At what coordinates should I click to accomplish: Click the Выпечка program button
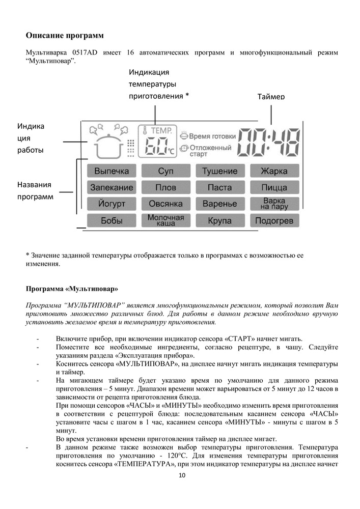(x=112, y=171)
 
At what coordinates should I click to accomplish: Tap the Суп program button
(x=165, y=171)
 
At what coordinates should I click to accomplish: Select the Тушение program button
(x=219, y=171)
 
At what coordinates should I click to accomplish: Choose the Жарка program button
(x=274, y=171)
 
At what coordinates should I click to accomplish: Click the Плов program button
(x=165, y=187)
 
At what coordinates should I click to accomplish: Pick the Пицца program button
(x=274, y=187)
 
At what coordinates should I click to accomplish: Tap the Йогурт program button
(x=112, y=204)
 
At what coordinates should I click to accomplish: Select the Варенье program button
(x=219, y=204)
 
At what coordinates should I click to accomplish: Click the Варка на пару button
(x=274, y=204)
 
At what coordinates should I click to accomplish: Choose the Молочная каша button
(x=165, y=220)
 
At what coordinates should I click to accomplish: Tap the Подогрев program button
(x=274, y=220)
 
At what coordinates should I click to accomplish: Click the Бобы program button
(x=112, y=220)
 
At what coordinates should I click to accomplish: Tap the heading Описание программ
(x=65, y=36)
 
